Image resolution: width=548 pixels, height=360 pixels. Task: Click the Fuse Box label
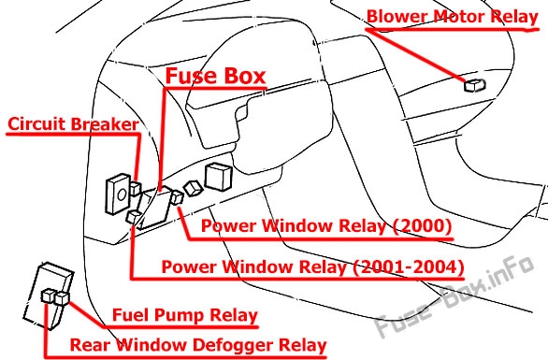click(x=216, y=76)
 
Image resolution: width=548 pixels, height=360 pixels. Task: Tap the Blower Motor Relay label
click(x=453, y=16)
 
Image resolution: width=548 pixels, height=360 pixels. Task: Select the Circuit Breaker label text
click(x=73, y=124)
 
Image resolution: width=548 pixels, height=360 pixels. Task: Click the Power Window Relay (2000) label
click(x=326, y=225)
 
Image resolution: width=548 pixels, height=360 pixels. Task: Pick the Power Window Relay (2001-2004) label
click(x=312, y=267)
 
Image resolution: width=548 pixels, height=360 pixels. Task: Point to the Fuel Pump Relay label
click(x=185, y=315)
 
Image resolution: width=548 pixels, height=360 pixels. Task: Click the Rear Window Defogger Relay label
click(x=198, y=345)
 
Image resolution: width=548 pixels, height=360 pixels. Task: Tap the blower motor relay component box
click(x=475, y=85)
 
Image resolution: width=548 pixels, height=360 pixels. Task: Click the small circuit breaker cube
click(x=136, y=189)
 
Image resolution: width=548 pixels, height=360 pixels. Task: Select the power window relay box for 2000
click(x=177, y=198)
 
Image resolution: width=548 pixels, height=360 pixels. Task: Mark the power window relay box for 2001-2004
click(x=134, y=217)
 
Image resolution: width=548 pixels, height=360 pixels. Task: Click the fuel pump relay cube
click(x=62, y=298)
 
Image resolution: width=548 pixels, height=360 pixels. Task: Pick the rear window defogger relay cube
click(x=48, y=296)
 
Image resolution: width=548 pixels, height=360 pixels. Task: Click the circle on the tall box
click(x=122, y=194)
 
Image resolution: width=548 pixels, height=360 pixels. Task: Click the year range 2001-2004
click(x=409, y=267)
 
